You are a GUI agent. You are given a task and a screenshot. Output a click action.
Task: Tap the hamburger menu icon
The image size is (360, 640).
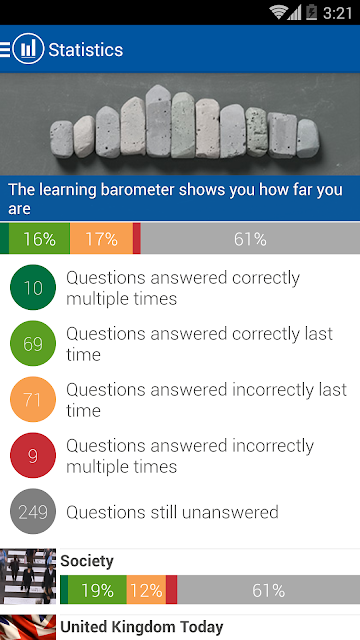click(x=5, y=49)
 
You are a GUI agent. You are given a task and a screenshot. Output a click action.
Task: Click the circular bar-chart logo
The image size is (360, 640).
click(x=28, y=49)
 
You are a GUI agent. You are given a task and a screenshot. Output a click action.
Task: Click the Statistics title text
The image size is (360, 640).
click(x=86, y=50)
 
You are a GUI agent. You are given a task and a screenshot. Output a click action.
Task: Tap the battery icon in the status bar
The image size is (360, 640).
click(x=311, y=12)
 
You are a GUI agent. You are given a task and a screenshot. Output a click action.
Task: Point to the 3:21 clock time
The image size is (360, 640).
click(x=337, y=13)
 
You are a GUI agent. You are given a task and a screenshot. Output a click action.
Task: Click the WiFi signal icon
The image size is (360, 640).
click(x=278, y=12)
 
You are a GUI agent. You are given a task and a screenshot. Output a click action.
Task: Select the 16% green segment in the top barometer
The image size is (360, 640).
click(x=39, y=239)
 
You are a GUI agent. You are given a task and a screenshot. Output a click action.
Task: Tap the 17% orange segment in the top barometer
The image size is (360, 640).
click(x=101, y=239)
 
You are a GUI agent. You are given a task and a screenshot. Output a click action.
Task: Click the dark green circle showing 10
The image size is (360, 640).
click(x=33, y=287)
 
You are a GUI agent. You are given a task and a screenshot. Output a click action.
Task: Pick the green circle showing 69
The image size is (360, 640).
click(x=33, y=343)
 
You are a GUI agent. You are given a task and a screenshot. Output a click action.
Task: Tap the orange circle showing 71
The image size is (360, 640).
click(x=33, y=399)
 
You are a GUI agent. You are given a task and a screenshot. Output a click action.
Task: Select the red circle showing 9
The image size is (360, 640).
click(x=33, y=455)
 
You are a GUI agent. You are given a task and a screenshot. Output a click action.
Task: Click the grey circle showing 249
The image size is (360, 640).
click(x=33, y=511)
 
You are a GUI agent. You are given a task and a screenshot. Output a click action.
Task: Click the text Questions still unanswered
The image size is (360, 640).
click(x=172, y=512)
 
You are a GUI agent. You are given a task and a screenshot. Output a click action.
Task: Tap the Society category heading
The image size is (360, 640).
click(x=87, y=562)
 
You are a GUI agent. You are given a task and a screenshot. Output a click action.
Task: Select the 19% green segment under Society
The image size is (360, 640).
click(x=97, y=590)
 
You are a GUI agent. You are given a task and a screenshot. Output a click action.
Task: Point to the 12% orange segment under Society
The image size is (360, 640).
click(x=146, y=590)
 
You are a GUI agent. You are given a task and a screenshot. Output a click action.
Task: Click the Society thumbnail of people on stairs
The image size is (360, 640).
click(x=28, y=576)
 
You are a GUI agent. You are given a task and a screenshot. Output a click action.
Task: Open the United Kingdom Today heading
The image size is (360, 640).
click(x=142, y=627)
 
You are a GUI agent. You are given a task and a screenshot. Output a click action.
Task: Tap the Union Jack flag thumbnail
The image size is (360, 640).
click(x=28, y=628)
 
